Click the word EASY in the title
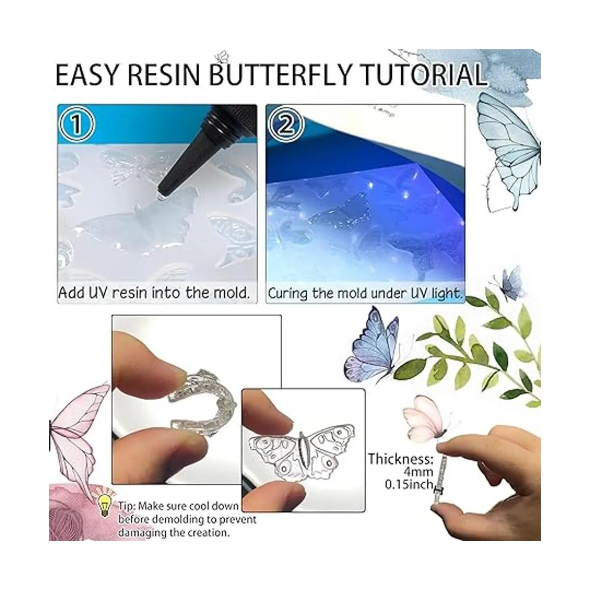click(x=86, y=74)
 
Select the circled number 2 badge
click(x=286, y=125)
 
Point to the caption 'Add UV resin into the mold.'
click(x=153, y=293)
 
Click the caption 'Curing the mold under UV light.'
click(x=365, y=293)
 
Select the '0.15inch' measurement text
click(x=409, y=484)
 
